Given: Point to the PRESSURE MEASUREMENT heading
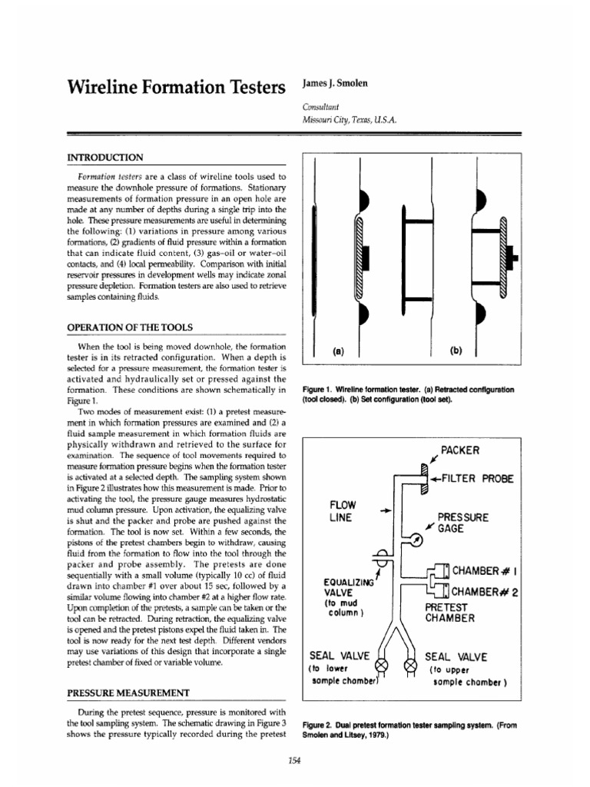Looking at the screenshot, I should tap(128, 692).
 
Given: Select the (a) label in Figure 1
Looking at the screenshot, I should tap(337, 350).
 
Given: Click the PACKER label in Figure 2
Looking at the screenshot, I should tap(460, 450).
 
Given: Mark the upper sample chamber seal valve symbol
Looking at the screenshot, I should tap(410, 663).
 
